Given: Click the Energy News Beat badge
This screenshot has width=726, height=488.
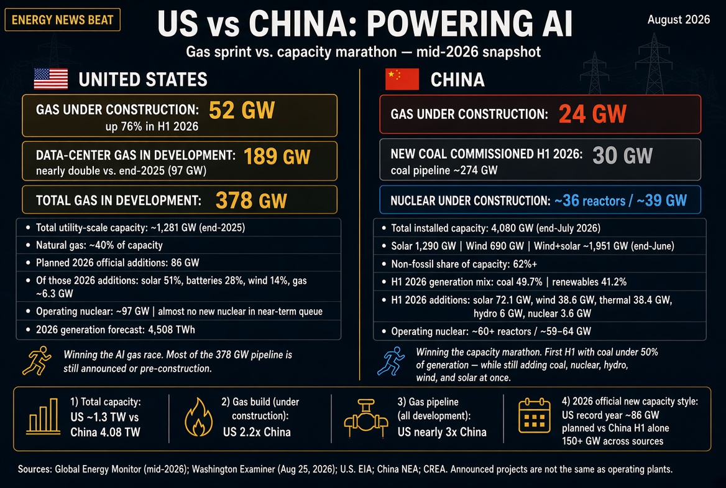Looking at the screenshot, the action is pos(63,20).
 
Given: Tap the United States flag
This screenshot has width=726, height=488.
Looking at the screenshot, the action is pos(51,78).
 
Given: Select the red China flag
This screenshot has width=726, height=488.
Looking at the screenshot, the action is pos(402,79).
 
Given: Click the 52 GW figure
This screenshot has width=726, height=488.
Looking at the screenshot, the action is pos(242,110).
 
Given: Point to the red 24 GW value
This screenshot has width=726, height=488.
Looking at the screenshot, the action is pos(592,114).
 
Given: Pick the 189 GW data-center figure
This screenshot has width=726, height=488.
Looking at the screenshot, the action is pos(277,156).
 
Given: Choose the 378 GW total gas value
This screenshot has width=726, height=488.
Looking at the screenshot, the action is pos(251,200).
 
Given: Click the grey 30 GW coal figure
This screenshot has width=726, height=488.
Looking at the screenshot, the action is pos(622,156).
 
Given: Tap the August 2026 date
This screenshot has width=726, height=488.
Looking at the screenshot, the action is pos(678,19).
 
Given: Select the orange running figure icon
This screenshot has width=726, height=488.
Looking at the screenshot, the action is pos(37,360).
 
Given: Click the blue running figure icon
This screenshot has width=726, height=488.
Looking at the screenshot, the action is pos(391,361).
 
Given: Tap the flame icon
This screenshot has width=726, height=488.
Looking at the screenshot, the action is pos(199,416).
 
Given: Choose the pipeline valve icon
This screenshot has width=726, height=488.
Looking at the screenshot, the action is pos(365,418).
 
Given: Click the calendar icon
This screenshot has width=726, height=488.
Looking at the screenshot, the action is pos(535,416).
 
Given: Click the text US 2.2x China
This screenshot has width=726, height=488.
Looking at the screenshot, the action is pos(257,432).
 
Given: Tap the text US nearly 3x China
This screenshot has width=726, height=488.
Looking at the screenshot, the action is pos(442,432).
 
